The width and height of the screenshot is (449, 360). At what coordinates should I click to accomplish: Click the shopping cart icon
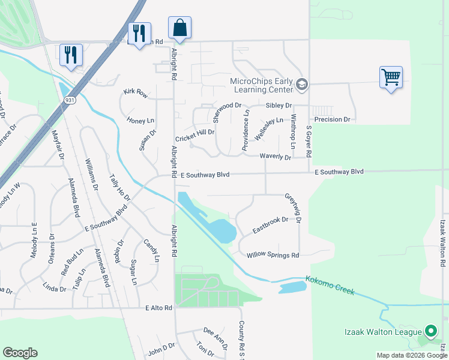(x=391, y=77)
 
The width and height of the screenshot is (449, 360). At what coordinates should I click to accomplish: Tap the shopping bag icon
(x=180, y=28)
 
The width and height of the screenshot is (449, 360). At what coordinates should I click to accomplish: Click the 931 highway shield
(x=70, y=101)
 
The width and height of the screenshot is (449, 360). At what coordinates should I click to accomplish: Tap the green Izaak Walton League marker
(x=430, y=331)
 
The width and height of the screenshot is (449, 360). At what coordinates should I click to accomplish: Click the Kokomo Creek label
(x=330, y=285)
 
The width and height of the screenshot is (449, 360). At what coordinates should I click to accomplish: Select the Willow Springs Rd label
(x=273, y=256)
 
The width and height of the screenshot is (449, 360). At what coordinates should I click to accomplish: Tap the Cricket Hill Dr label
(x=194, y=132)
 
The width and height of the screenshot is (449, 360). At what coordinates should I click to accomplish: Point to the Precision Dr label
(x=332, y=119)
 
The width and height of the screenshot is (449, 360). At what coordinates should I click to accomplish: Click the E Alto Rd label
(x=158, y=308)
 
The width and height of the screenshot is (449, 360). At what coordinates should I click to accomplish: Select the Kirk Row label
(x=135, y=93)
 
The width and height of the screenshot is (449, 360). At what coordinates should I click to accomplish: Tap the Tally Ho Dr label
(x=119, y=188)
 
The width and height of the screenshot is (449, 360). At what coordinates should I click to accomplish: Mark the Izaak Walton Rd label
(x=443, y=243)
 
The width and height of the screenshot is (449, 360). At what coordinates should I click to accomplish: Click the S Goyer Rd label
(x=309, y=142)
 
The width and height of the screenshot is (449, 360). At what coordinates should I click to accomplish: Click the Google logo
(x=20, y=353)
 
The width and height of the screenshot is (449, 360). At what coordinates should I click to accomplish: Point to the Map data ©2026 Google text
(x=412, y=355)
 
